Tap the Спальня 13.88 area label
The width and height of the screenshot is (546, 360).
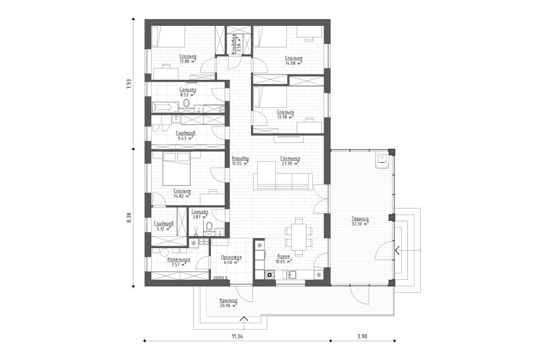[x=187, y=59]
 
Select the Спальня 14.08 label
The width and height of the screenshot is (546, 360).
[x=292, y=60]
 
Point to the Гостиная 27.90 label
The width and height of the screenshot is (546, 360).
[x=290, y=161]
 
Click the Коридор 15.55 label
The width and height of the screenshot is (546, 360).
[x=240, y=161]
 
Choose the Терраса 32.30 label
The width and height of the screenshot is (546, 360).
[x=359, y=221]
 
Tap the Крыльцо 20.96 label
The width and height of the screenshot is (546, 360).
[x=229, y=302]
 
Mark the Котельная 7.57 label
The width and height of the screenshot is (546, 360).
[x=178, y=262]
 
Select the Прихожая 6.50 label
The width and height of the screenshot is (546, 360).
[x=231, y=260]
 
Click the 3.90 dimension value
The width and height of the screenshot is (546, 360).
[x=362, y=337]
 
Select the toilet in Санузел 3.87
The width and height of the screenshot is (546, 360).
[x=209, y=226]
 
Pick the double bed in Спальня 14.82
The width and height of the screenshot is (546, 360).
[x=177, y=169]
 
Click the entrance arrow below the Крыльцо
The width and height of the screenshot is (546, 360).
[x=244, y=320]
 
